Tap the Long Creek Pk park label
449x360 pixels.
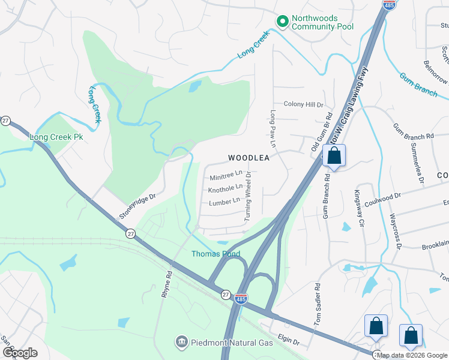click(x=56, y=137)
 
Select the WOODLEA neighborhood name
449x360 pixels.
click(x=247, y=158)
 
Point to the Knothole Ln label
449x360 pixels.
click(x=224, y=190)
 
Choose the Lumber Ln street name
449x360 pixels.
click(x=224, y=203)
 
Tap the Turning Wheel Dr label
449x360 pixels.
click(x=247, y=199)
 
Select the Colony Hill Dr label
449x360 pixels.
click(x=303, y=104)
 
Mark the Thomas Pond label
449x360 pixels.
click(x=215, y=254)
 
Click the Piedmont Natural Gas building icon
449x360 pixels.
click(x=181, y=342)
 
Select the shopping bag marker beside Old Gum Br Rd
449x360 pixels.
click(x=334, y=157)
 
